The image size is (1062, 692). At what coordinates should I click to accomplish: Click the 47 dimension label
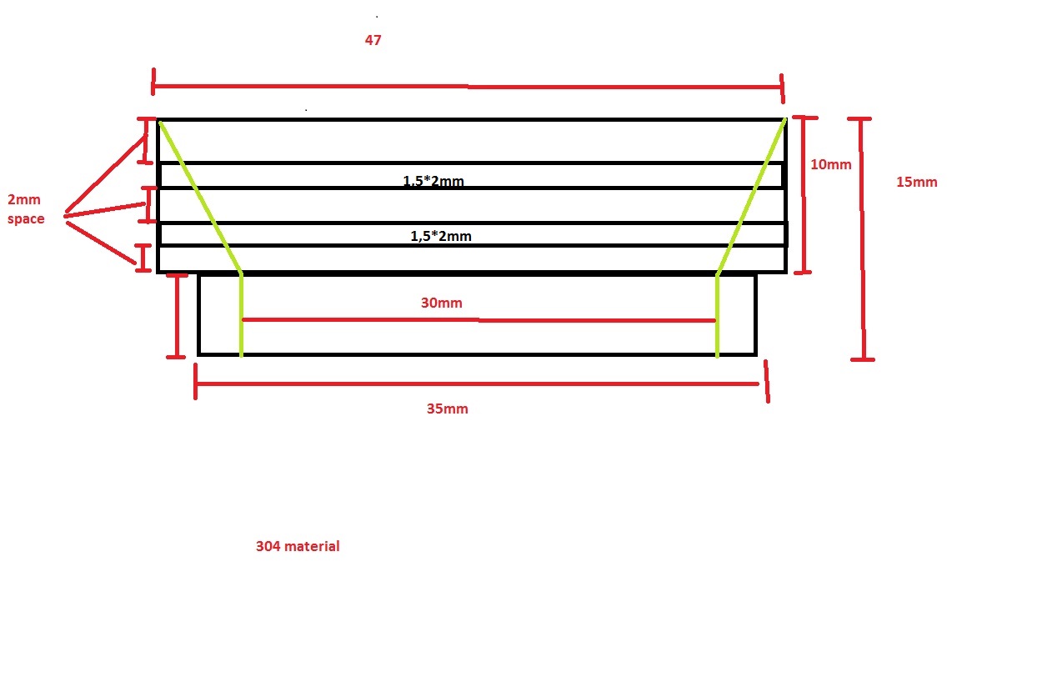coord(373,40)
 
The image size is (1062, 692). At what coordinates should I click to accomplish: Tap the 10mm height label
coord(830,164)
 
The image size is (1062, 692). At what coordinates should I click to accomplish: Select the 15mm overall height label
coord(916,182)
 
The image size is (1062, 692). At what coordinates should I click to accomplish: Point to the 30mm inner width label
coord(442,303)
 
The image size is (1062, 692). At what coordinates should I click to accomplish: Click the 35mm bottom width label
coord(447,409)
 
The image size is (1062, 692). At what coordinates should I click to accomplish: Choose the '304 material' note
coord(298,546)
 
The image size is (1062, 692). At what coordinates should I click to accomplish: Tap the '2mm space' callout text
coord(26,209)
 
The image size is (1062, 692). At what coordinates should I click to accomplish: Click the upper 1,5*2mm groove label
coord(433,181)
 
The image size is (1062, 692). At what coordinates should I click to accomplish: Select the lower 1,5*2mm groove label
coord(441,236)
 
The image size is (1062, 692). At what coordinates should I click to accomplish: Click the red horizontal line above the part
coord(468,87)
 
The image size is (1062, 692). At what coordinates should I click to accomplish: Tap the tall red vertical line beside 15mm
coord(863,238)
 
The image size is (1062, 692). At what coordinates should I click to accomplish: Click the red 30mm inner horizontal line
coord(478,320)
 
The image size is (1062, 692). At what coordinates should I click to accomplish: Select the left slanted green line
coord(201,198)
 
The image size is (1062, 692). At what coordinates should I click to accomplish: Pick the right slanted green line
coord(751,197)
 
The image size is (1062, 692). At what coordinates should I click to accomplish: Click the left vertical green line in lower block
coord(241,315)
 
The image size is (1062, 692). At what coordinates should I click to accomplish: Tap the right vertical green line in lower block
coord(718,316)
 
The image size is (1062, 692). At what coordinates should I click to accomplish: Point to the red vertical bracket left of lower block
coord(178,316)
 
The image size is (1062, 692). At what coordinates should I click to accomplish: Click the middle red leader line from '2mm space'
coord(105,209)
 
